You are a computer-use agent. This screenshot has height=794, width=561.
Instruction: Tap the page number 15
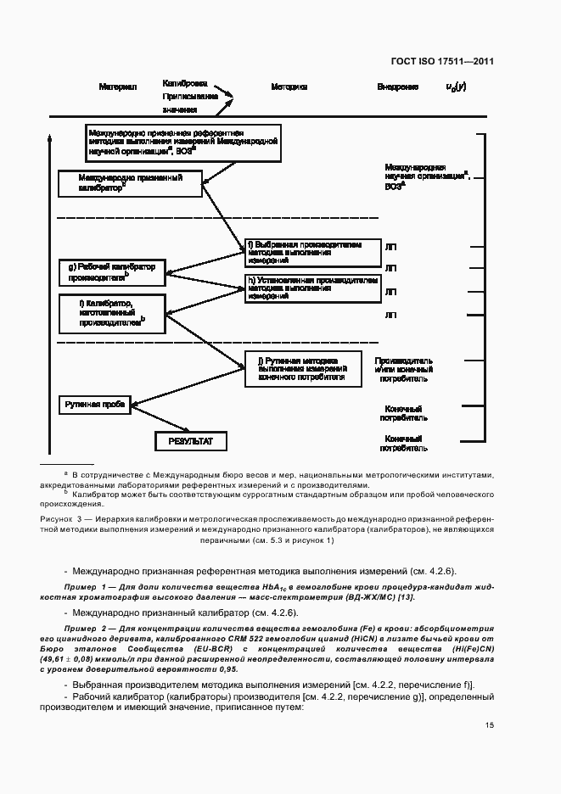[x=490, y=725]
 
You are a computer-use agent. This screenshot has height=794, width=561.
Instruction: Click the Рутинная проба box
[x=94, y=405]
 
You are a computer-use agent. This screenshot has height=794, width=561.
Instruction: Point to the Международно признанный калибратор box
[x=131, y=183]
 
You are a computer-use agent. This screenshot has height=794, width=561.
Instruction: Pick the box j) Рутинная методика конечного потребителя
[x=303, y=367]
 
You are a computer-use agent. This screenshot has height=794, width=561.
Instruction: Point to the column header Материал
[x=118, y=87]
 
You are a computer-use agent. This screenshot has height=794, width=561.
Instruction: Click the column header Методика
[x=289, y=87]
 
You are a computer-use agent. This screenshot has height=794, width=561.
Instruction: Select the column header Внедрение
[x=397, y=87]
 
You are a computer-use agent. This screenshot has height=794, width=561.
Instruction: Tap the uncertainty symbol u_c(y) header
[x=456, y=87]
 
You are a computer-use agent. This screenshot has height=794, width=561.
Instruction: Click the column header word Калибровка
[x=185, y=83]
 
